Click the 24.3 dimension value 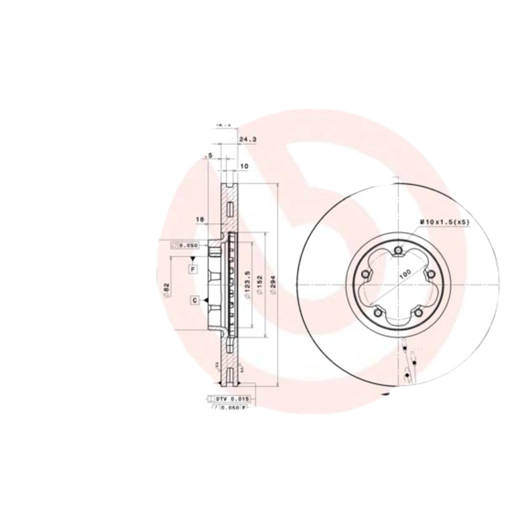click(x=247, y=140)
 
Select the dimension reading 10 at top click(x=244, y=166)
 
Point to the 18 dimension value click(x=201, y=219)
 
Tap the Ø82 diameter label click(x=167, y=289)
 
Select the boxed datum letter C click(x=196, y=300)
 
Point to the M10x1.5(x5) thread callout click(x=445, y=223)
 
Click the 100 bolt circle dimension click(x=404, y=273)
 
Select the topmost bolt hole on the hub click(x=399, y=249)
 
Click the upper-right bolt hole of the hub click(x=431, y=275)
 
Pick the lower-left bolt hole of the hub click(x=379, y=313)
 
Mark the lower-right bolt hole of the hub click(x=419, y=314)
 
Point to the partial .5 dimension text click(x=209, y=156)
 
